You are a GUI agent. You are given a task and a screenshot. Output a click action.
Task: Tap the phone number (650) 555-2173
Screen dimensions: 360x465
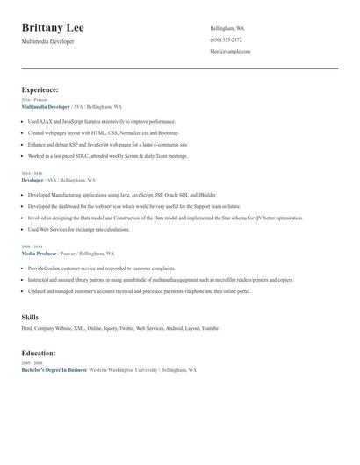[x=226, y=40]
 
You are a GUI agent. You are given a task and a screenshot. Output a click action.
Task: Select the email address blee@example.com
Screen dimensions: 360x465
[x=230, y=52]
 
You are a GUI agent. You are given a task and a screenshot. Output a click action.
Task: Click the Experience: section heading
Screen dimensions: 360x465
[x=40, y=89]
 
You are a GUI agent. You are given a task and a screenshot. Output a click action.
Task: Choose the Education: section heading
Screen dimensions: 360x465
[x=39, y=353]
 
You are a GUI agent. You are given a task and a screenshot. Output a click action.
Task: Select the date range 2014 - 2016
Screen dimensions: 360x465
[x=32, y=174]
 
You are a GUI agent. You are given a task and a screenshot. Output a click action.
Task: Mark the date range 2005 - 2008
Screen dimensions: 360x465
[x=32, y=363]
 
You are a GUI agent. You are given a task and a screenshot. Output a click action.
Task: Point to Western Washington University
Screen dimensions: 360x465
[x=123, y=370]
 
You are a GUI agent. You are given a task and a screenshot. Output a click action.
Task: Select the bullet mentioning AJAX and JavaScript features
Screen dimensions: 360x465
[x=102, y=121]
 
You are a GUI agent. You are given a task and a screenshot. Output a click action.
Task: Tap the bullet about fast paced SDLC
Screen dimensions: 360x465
[x=107, y=155]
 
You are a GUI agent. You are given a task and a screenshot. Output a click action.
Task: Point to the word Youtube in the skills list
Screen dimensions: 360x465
[x=210, y=327]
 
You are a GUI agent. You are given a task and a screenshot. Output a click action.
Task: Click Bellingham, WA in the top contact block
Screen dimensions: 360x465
[x=227, y=29]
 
